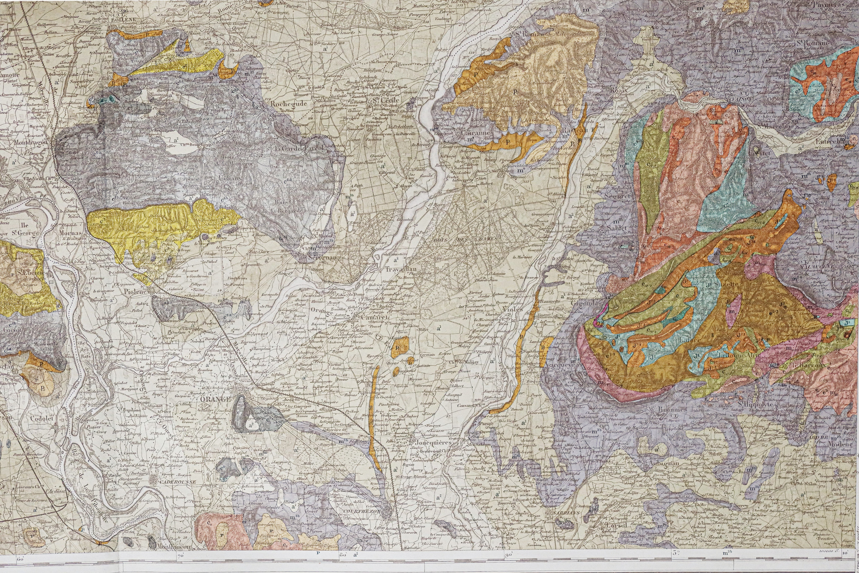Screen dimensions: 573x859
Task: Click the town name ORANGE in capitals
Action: coord(216,399)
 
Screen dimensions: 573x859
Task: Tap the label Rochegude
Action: coord(287,103)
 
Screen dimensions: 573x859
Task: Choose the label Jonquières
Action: coord(433,442)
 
